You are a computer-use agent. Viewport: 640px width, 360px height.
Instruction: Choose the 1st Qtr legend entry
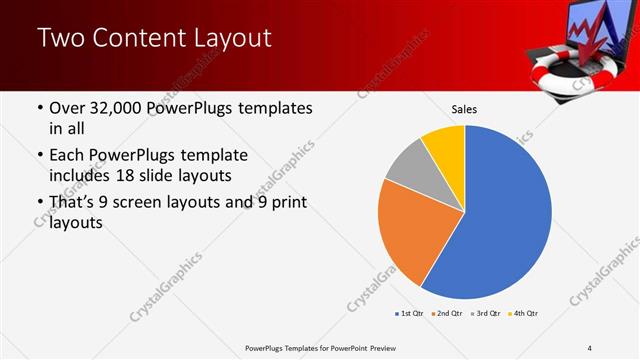click(409, 314)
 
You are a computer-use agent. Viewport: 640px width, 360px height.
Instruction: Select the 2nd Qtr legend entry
click(444, 314)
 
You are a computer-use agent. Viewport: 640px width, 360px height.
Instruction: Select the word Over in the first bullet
click(66, 107)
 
